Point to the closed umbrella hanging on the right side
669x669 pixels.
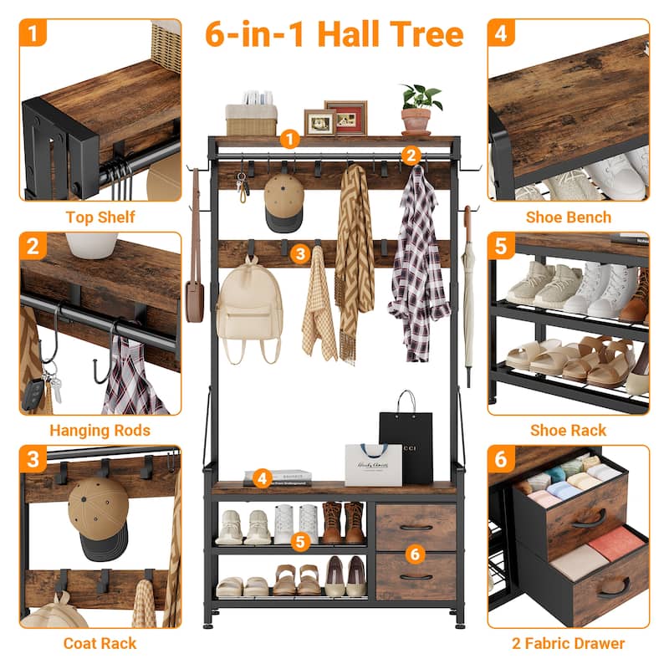coord(468,301)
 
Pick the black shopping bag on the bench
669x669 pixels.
coord(406,444)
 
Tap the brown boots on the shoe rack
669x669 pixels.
coord(344,522)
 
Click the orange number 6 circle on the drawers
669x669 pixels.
coord(416,553)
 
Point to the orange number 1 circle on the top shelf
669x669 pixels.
coord(289,139)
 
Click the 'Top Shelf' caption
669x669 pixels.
coord(100,217)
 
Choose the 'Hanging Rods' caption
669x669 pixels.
coord(100,431)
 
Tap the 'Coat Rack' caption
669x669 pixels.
coord(100,644)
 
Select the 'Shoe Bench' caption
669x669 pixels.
coord(569,217)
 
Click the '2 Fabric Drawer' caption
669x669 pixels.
coord(569,644)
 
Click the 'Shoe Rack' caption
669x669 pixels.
coord(569,431)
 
